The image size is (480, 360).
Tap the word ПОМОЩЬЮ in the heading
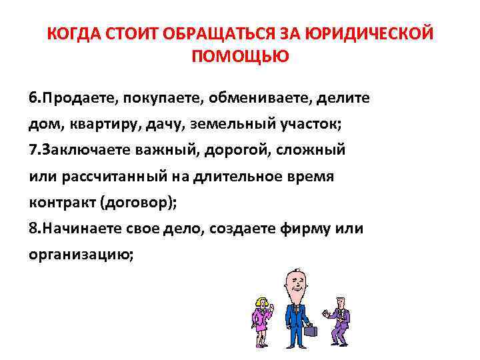click(x=240, y=57)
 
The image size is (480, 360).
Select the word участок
click(x=268, y=124)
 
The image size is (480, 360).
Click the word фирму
click(x=305, y=229)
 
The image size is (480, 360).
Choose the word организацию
click(x=80, y=255)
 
